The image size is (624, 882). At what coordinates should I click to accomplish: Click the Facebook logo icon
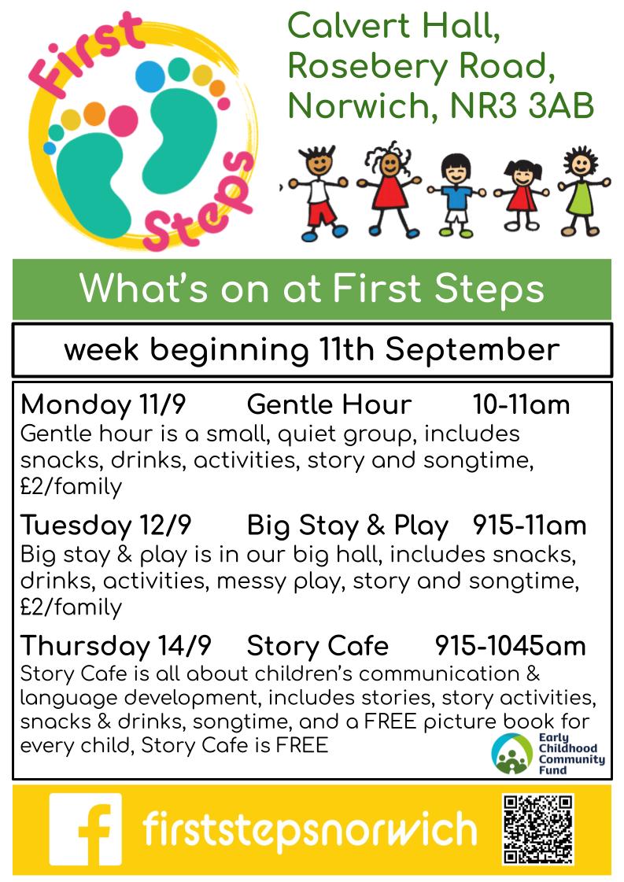(x=86, y=829)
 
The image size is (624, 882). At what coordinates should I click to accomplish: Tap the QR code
(x=538, y=829)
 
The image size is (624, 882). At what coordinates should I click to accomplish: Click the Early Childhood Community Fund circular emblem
(x=511, y=754)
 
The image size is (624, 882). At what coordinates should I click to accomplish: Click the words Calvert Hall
(x=394, y=26)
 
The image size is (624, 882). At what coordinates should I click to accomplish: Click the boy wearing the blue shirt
(x=456, y=195)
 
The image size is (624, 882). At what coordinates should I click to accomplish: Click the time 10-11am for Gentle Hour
(x=521, y=404)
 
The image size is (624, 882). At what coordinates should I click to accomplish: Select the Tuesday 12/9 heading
(x=105, y=526)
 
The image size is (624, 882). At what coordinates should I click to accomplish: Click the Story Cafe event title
(x=317, y=646)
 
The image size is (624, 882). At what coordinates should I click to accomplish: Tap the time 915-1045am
(x=511, y=646)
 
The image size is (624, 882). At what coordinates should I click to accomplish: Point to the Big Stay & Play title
(x=348, y=526)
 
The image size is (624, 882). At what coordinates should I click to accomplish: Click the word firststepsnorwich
(x=310, y=829)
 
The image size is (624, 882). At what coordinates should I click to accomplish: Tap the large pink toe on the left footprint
(x=123, y=120)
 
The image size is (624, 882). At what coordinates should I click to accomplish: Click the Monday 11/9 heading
(x=103, y=404)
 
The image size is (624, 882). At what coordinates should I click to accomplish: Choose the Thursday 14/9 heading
(x=116, y=646)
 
